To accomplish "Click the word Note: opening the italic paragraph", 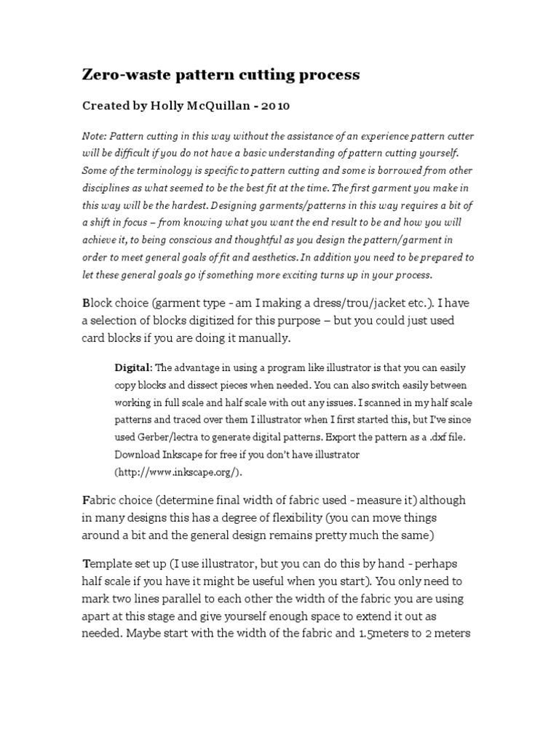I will (x=93, y=136).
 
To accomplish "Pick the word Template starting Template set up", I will (x=110, y=564).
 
